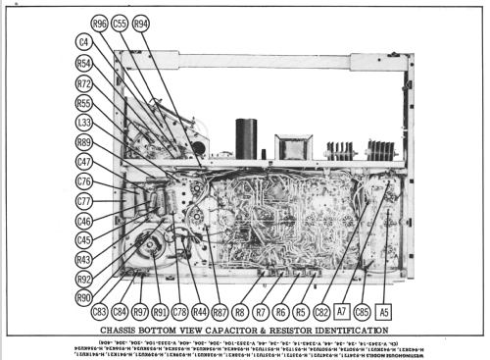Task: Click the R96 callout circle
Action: (x=100, y=24)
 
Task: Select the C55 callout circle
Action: (x=121, y=24)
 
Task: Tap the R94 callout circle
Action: (x=142, y=24)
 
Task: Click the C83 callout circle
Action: (x=100, y=312)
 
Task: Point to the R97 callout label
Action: (x=141, y=312)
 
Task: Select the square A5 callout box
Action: (x=385, y=312)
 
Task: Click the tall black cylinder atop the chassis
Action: (x=246, y=139)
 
